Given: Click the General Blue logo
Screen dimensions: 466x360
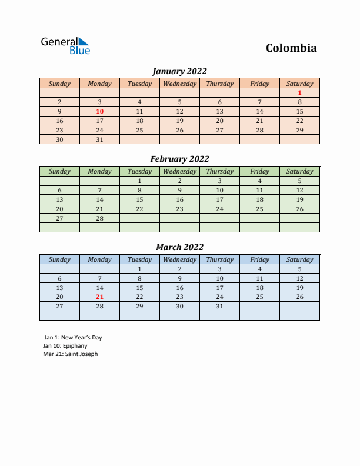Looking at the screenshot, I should pos(65,46).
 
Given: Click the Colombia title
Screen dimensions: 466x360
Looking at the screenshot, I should pos(291,48).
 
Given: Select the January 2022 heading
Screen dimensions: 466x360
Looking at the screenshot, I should pos(179,71).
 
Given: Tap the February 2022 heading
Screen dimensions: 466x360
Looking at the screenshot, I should pos(179,159).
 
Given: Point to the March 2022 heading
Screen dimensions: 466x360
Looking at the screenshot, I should pos(179,247).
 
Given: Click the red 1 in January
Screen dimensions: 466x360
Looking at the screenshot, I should pos(299,92).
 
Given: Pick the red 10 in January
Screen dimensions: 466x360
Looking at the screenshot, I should pos(99,111).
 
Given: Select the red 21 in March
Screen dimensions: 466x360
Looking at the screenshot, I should pos(99,297).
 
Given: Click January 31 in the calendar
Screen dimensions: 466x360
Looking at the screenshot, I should pos(99,139).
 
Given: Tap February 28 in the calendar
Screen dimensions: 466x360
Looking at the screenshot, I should pos(99,218).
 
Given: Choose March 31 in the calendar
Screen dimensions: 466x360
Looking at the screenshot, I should pos(219,306).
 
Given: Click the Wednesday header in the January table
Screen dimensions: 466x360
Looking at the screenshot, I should pos(179,84).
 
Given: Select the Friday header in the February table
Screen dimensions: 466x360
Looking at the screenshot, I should pos(259,171).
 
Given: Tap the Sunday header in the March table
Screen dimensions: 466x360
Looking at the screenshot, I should pos(59,259).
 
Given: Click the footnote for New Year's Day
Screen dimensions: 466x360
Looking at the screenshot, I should pos(73,338).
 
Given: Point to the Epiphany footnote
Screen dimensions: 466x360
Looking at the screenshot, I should pos(65,346).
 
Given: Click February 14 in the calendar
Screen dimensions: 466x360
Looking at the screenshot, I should pos(99,199).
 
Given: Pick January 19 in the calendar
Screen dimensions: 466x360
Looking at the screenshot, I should pos(179,121).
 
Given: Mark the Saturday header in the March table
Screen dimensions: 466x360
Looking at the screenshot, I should pos(299,259).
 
